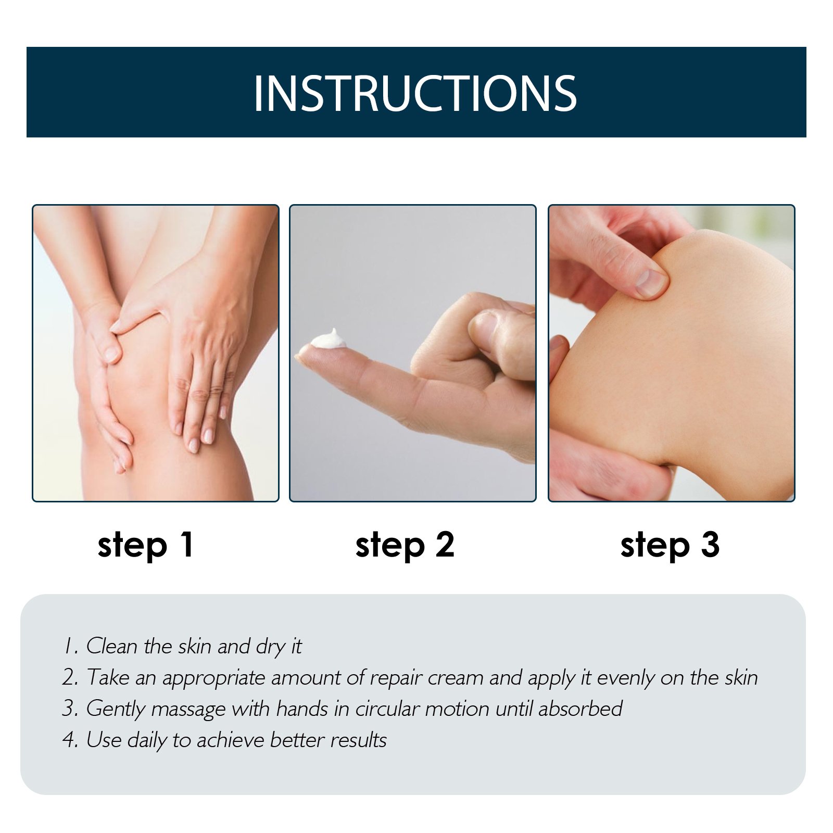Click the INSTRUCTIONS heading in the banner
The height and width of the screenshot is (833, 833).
click(x=415, y=93)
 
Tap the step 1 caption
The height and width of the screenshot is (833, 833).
click(x=146, y=546)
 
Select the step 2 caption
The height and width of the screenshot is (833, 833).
click(x=405, y=546)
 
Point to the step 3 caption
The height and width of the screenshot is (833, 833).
click(x=670, y=546)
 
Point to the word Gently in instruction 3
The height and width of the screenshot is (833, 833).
click(x=115, y=710)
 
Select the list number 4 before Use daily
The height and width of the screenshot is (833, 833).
click(x=70, y=740)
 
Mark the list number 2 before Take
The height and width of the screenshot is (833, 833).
click(x=70, y=677)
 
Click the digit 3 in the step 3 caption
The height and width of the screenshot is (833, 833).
click(x=710, y=544)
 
